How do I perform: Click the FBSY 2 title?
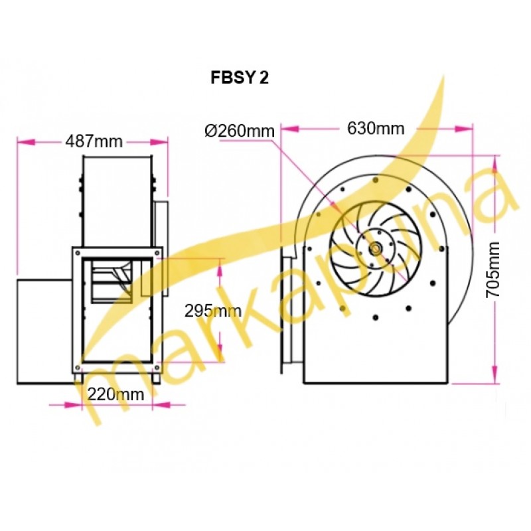tap(240, 78)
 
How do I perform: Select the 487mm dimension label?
tap(94, 141)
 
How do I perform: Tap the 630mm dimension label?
tap(376, 128)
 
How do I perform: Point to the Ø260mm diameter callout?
tap(240, 131)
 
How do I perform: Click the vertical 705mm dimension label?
tap(493, 269)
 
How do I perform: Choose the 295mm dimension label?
tap(212, 311)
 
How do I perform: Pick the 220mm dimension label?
tap(115, 394)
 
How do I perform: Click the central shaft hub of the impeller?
tap(376, 249)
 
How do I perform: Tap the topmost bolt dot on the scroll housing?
tap(375, 179)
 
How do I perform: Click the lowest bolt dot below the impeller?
tap(375, 317)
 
